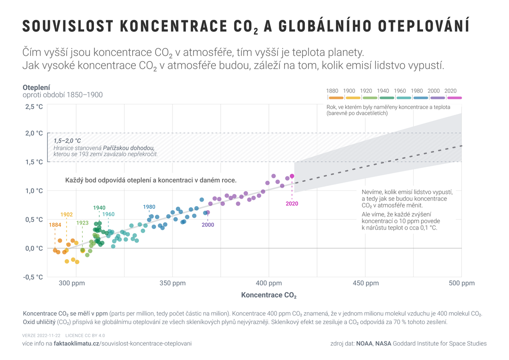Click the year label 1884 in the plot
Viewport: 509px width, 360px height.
click(x=55, y=225)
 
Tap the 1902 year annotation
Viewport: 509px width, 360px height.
click(x=67, y=215)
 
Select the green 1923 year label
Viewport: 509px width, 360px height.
click(x=82, y=223)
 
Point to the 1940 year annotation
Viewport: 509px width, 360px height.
click(x=99, y=207)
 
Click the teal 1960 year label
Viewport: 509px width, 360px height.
click(x=108, y=214)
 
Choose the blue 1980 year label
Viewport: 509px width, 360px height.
click(x=149, y=207)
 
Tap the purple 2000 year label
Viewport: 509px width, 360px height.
click(x=208, y=225)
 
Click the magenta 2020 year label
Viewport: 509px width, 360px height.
click(x=292, y=203)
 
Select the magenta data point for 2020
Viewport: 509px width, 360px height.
click(x=292, y=176)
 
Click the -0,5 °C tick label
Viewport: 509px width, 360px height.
click(x=33, y=277)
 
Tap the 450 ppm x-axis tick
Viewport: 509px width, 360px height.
click(x=365, y=283)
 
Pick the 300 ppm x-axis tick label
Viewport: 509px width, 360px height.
click(x=72, y=283)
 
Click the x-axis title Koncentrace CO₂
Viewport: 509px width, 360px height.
click(x=268, y=296)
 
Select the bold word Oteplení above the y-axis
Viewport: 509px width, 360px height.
click(x=36, y=87)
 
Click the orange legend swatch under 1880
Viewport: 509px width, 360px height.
click(x=336, y=98)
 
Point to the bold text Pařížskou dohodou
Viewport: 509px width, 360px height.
click(x=129, y=148)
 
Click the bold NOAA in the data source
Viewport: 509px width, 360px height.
click(x=364, y=343)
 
